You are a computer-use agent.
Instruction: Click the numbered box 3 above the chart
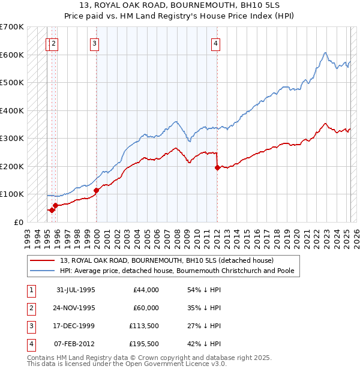click(x=95, y=43)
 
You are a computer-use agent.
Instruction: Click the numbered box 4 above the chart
click(x=215, y=43)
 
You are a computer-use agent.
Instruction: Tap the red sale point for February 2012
click(x=217, y=168)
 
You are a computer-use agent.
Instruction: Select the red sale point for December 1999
click(x=97, y=190)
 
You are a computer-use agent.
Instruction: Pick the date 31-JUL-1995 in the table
click(x=76, y=290)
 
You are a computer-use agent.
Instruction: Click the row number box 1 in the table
click(x=31, y=290)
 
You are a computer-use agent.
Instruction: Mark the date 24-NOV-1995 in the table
click(x=76, y=308)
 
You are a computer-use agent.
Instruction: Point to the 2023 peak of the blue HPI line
click(x=325, y=53)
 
